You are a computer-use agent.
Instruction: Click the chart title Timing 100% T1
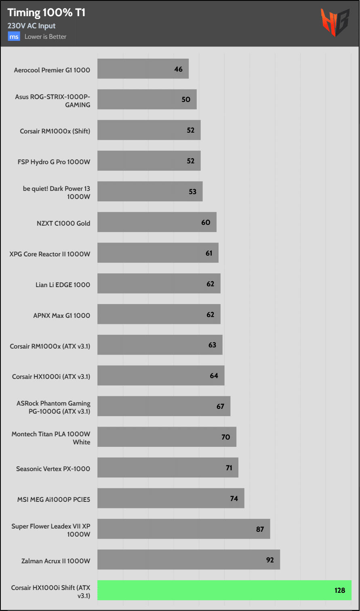point(46,13)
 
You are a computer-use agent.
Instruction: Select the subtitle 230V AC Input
point(32,26)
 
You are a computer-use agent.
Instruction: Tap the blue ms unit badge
point(14,37)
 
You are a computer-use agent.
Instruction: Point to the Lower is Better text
point(45,37)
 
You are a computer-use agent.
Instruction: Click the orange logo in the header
point(335,23)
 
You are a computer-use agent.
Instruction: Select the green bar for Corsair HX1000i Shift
point(224,590)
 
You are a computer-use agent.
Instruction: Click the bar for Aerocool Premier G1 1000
point(143,69)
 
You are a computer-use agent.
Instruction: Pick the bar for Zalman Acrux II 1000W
point(189,560)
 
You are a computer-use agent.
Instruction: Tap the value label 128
point(340,590)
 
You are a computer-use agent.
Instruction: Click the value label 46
point(179,69)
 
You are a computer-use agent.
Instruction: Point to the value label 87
point(260,529)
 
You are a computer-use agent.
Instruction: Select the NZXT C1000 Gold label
point(63,223)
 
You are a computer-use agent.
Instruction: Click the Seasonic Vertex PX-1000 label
point(53,469)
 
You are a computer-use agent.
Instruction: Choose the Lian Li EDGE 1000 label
point(63,285)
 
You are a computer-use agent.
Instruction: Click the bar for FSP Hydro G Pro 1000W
point(149,161)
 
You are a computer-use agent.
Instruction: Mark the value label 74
point(234,499)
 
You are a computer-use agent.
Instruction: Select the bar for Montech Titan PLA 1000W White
point(167,437)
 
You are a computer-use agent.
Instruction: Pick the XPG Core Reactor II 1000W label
point(50,254)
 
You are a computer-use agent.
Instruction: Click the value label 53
point(193,192)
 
